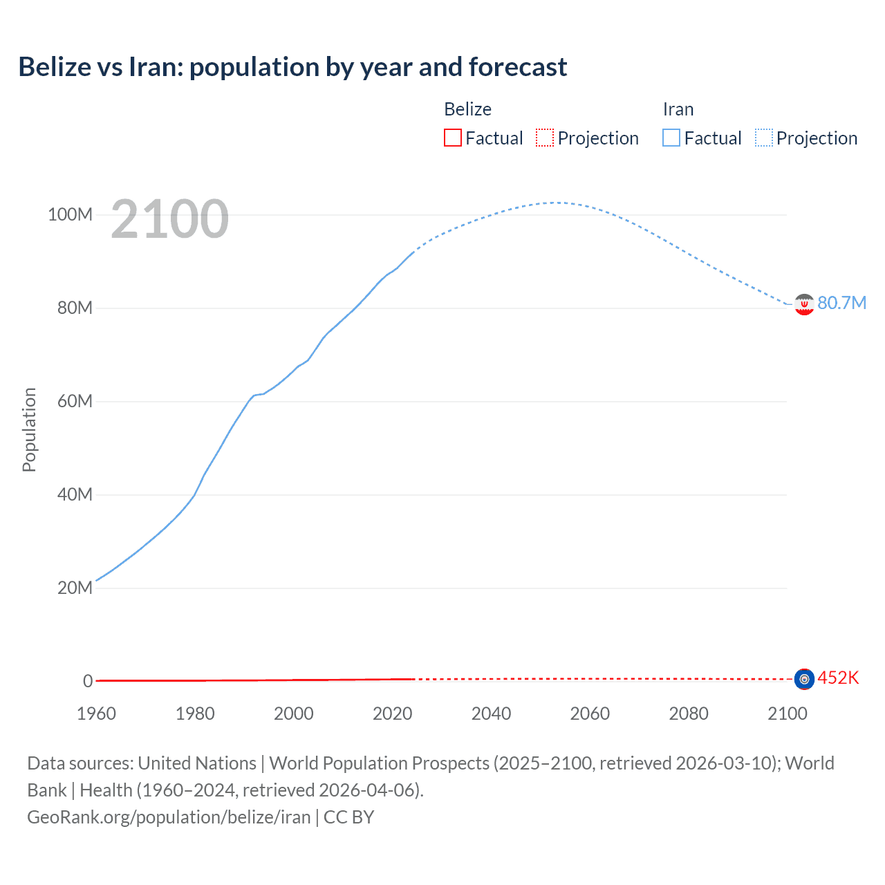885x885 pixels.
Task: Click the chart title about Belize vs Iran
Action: (x=292, y=67)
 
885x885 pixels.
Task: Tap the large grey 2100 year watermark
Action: (x=169, y=219)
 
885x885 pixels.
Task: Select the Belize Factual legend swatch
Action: (x=452, y=138)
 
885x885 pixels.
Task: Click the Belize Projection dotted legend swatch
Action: (x=545, y=138)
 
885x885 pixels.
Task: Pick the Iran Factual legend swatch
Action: (x=671, y=138)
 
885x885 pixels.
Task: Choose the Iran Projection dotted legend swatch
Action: (x=763, y=138)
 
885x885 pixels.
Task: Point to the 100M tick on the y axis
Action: (x=70, y=214)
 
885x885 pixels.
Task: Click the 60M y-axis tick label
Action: (x=74, y=401)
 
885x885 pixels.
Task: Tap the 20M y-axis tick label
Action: (x=74, y=588)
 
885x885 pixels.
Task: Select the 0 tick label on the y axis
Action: (x=88, y=681)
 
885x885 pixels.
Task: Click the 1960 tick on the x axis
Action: (x=96, y=714)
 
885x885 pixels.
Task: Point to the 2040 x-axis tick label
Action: (x=491, y=714)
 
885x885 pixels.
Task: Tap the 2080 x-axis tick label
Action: (x=689, y=714)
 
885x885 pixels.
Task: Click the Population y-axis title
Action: (x=29, y=429)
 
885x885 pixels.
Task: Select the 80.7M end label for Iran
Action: (x=841, y=303)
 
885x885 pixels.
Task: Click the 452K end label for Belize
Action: (x=838, y=678)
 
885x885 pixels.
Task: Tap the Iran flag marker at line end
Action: (x=804, y=304)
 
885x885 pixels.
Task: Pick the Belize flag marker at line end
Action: (x=804, y=679)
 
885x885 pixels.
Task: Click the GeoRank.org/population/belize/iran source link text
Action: (x=169, y=817)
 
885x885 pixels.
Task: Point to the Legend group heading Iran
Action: (x=678, y=109)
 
